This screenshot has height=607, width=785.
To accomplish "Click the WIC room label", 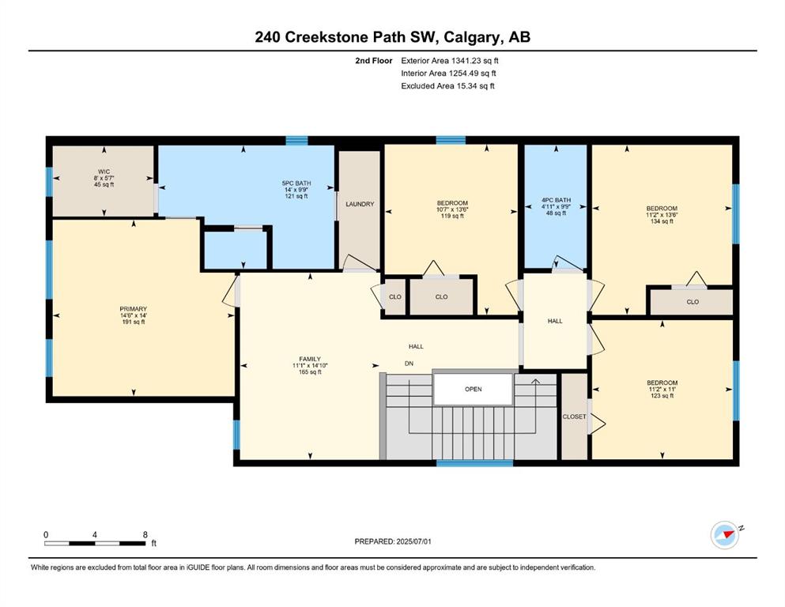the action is pos(104,172).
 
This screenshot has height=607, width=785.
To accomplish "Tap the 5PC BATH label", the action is pos(296,183).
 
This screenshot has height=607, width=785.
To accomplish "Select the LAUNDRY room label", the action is pos(360,204).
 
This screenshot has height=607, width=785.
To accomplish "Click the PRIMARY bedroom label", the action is pos(133,309).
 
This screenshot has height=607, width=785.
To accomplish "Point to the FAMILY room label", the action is pos(310,360).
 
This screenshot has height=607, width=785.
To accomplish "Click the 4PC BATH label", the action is pos(556,200).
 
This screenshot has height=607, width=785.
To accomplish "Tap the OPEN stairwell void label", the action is pos(473,390).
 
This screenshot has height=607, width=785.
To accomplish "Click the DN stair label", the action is pos(409,364).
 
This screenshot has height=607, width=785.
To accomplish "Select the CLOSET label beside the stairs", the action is pos(574,417).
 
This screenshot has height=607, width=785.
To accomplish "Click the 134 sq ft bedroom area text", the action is pos(662,221).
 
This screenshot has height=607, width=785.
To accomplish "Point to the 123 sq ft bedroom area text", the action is pos(662,396).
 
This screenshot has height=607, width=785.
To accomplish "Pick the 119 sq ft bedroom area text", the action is pos(452,217).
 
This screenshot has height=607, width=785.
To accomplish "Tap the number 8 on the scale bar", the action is pos(145,534).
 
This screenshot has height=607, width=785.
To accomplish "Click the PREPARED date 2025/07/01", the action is pos(413,541).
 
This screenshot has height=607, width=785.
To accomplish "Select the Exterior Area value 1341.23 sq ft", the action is pos(474,61).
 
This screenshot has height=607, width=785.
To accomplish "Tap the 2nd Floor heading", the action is pos(373,61).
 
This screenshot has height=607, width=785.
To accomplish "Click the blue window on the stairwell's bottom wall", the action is pos(474,463).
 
